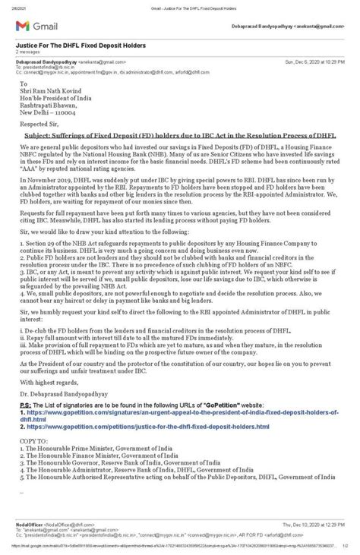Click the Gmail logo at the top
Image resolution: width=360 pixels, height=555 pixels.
click(x=31, y=26)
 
